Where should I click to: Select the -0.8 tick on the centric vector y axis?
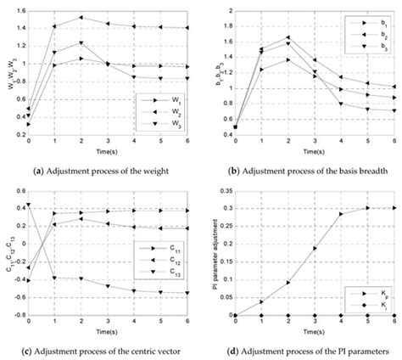16,315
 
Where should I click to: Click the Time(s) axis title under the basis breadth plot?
313,151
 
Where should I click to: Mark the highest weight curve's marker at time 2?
81,17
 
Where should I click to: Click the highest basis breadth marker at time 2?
288,37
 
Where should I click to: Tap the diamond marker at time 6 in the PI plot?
393,315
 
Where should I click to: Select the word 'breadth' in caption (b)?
355,170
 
